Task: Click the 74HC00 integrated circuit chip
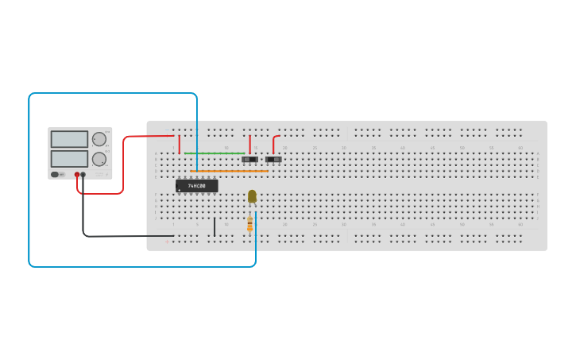tap(196, 186)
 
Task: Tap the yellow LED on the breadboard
tap(252, 196)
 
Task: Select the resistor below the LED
tap(249, 223)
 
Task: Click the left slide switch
tap(249, 159)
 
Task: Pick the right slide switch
tap(273, 159)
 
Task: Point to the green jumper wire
tap(215, 153)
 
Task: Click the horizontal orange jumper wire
tap(230, 171)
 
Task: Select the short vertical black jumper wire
tap(215, 227)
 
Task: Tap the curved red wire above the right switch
tap(274, 142)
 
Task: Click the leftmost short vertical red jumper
tap(180, 145)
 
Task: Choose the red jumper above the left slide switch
tap(249, 144)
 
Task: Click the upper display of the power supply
tap(69, 139)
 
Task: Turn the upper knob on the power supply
tap(99, 139)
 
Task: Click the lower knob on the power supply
tap(99, 159)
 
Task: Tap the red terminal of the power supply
tap(77, 174)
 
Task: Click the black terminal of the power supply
tap(83, 174)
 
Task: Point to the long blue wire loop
tap(29, 183)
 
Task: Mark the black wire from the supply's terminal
tap(119, 236)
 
